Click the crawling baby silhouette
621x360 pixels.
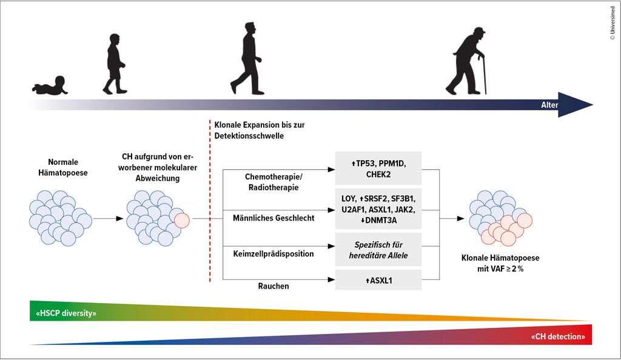[x=51, y=86]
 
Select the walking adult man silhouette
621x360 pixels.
[x=246, y=59]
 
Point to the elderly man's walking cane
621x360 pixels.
[x=483, y=75]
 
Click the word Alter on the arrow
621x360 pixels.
[x=549, y=105]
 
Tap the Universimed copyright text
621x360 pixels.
[x=613, y=23]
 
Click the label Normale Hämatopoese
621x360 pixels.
[x=63, y=167]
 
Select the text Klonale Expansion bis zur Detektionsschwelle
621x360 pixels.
[x=260, y=130]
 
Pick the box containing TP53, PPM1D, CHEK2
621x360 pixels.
[x=378, y=168]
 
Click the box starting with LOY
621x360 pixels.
[x=378, y=209]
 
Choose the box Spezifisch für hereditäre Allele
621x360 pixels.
[x=378, y=250]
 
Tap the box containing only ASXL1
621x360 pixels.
[x=378, y=280]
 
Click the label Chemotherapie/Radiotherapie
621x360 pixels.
[x=274, y=182]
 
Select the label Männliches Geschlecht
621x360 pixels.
[x=274, y=218]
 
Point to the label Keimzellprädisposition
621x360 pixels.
[x=274, y=254]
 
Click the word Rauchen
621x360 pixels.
[x=274, y=286]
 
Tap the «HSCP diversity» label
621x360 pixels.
[x=66, y=313]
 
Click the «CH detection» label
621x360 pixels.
[x=558, y=336]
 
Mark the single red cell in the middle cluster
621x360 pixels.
[x=182, y=221]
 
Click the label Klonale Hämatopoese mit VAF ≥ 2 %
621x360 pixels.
[x=500, y=263]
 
